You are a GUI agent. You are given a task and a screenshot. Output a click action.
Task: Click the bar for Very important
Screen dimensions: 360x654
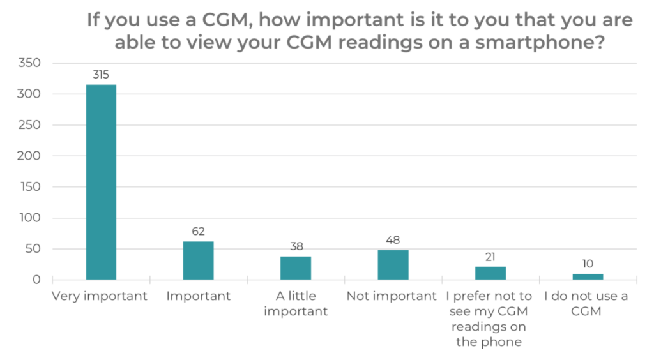point(101,182)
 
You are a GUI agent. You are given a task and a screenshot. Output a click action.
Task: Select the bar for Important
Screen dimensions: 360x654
point(198,260)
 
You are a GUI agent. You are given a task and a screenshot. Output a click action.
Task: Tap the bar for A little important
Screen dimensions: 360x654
point(296,268)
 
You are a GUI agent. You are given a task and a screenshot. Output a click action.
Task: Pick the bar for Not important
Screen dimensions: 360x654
point(393,265)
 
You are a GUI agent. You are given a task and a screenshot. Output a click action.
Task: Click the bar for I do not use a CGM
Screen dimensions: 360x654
point(588,276)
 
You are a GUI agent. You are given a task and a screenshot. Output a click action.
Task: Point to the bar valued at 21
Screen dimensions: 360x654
point(490,273)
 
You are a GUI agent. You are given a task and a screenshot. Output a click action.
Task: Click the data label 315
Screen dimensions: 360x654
point(101,75)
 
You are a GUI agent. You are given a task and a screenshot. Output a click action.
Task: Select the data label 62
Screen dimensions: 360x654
point(198,232)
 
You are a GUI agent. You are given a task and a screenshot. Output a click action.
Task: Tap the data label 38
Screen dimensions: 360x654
point(296,246)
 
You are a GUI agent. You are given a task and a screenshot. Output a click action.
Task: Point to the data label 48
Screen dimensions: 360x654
point(393,240)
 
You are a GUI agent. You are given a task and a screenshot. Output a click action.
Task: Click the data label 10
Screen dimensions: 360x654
point(588,264)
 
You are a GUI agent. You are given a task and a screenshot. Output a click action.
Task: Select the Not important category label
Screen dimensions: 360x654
point(392,296)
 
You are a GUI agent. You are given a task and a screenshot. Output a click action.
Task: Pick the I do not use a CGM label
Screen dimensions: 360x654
point(586,304)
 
